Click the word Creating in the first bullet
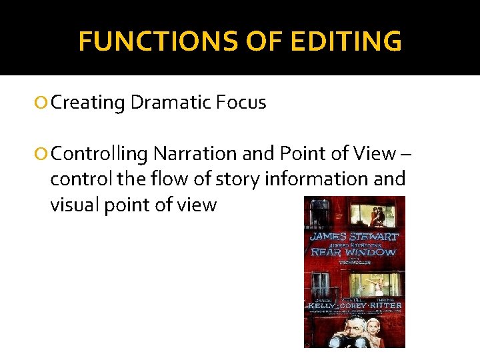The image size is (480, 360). coord(88,103)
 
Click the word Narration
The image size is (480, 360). coord(189,154)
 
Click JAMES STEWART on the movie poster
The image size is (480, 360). coord(354,236)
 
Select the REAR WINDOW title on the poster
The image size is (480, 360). coord(354,252)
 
